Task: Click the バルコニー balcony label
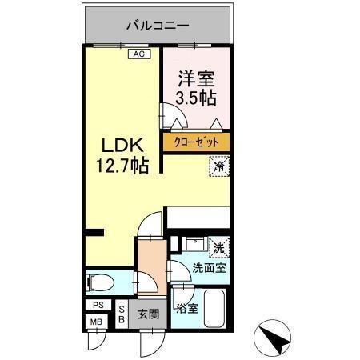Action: [158, 25]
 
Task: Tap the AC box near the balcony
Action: [138, 54]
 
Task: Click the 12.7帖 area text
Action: [123, 169]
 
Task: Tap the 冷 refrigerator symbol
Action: [218, 167]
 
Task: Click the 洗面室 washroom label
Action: [208, 268]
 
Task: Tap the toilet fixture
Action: [101, 282]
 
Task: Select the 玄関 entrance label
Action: [146, 313]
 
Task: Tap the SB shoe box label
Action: [122, 313]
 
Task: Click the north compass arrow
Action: [274, 338]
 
